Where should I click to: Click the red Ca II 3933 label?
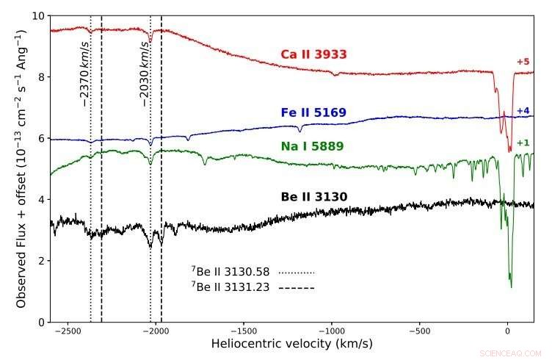313,54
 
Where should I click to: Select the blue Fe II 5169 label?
313,113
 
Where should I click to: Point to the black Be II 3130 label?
314,197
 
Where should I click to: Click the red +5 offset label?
523,62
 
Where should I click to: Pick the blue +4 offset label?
523,111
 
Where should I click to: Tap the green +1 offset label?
523,143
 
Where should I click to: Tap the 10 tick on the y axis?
39,15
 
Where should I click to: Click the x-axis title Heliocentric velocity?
291,345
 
